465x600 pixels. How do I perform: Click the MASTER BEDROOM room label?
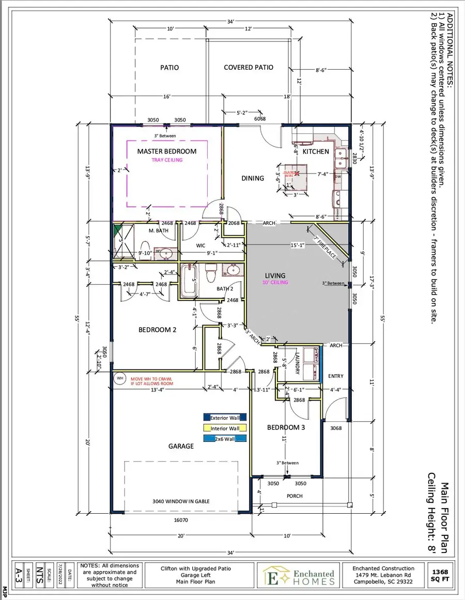click(166, 151)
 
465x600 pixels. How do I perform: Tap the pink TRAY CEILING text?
click(166, 160)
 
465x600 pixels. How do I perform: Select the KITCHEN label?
click(315, 151)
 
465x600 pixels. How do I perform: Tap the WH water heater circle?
click(120, 378)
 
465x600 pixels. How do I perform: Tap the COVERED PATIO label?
click(249, 67)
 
